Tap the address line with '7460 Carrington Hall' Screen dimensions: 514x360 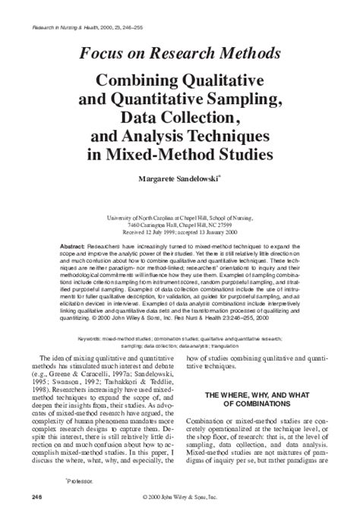[x=180, y=225]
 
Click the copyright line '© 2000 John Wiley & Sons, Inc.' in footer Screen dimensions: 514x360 [x=180, y=497]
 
